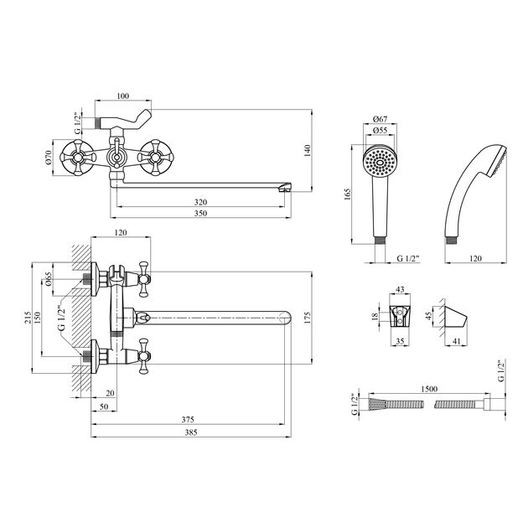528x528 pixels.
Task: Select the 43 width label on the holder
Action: point(401,290)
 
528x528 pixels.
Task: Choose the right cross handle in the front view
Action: point(153,155)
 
